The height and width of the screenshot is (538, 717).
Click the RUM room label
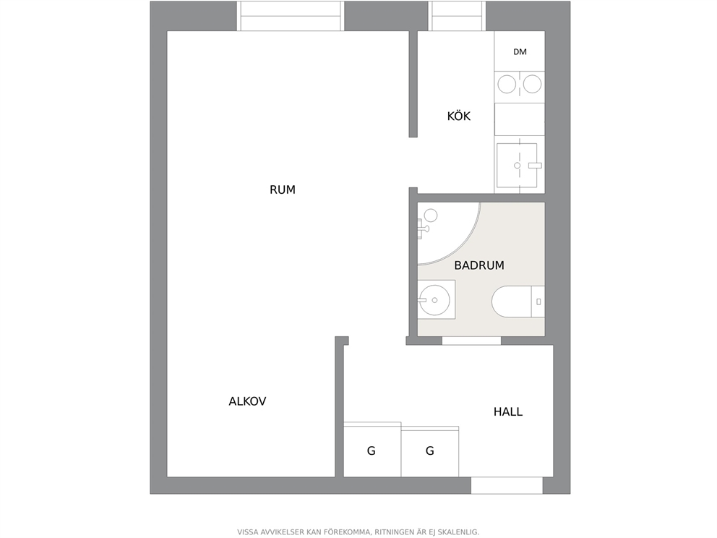282,189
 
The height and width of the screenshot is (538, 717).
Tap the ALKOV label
247,401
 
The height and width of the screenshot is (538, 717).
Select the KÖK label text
459,116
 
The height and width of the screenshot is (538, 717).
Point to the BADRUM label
479,265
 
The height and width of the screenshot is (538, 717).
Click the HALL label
508,411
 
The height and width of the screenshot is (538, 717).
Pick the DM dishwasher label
520,51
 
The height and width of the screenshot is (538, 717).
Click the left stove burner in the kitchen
507,84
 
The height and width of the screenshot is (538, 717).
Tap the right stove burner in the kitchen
532,84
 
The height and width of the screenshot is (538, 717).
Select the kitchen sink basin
517,165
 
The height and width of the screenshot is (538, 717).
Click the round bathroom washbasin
434,300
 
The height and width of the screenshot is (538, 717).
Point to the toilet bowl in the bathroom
511,302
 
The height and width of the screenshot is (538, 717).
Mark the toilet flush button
538,302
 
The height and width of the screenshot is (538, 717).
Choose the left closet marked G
372,449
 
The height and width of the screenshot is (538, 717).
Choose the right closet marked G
430,451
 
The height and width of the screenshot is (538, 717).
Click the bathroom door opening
471,341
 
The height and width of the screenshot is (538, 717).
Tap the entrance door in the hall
507,485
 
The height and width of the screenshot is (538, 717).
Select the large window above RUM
291,16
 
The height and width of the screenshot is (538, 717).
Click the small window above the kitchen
457,16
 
